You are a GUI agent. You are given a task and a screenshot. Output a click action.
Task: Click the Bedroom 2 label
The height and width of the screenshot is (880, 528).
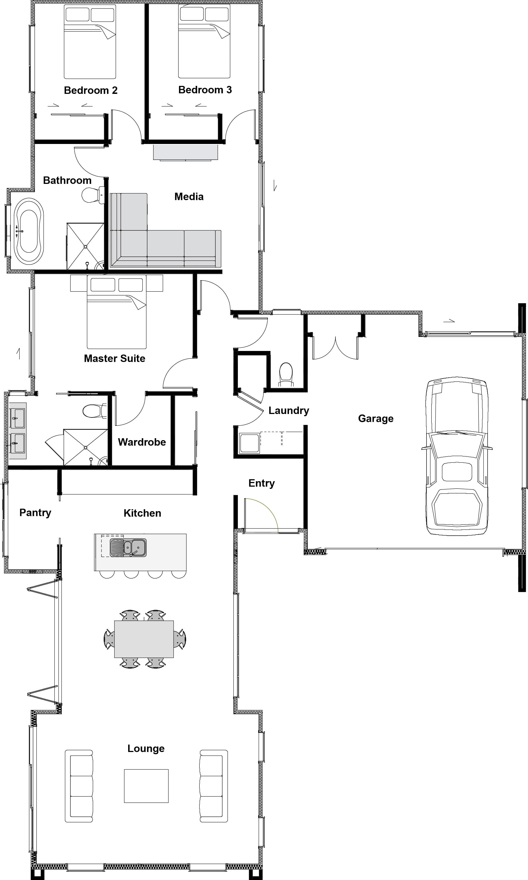pos(90,90)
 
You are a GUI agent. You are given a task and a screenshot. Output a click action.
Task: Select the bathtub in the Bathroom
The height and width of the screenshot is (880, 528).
pos(29,231)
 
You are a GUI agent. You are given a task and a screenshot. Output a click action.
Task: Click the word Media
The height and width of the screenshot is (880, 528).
pos(189,197)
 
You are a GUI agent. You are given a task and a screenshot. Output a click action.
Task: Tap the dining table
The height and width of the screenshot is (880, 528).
pos(144,639)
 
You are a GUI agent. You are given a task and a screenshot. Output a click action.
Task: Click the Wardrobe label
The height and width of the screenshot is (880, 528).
pos(142,442)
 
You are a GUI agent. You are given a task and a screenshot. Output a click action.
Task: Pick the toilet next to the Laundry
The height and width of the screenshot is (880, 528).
pos(286,374)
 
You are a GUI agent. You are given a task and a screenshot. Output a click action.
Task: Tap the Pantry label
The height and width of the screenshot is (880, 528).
pos(35,513)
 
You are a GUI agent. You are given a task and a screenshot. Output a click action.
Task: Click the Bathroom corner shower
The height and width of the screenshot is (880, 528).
pos(86,246)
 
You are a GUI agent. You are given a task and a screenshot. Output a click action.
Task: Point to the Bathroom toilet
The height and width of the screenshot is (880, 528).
pos(92,195)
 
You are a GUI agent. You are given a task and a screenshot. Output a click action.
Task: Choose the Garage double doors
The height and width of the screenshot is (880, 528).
pos(335,347)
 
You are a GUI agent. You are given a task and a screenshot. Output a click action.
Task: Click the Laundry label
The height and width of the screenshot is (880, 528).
pos(288,410)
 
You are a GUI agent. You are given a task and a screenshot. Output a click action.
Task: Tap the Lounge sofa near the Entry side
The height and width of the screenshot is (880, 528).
pos(213,786)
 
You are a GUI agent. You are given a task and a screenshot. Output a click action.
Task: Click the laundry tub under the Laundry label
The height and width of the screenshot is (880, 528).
pos(249,443)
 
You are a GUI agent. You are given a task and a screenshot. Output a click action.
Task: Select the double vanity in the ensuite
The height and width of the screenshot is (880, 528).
pos(17,431)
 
